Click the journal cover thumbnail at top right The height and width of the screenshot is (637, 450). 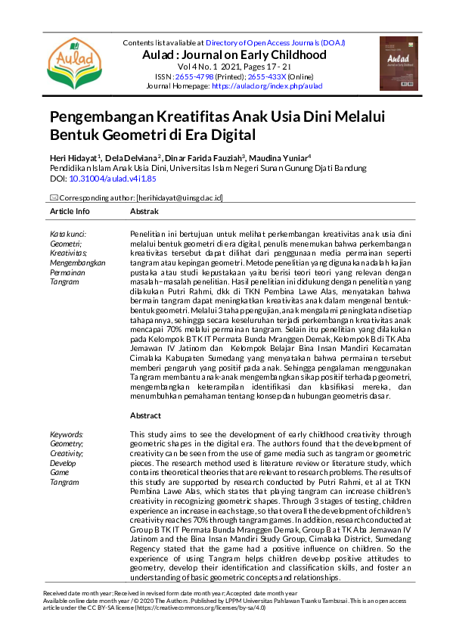pos(399,64)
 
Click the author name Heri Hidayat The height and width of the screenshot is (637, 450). pos(74,157)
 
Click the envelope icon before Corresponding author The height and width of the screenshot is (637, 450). pos(54,197)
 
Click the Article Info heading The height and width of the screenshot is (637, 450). pos(70,211)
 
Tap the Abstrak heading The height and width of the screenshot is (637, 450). pos(144,211)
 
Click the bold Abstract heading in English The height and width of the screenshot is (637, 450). pos(146,416)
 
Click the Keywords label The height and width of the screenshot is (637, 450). pos(67,435)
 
